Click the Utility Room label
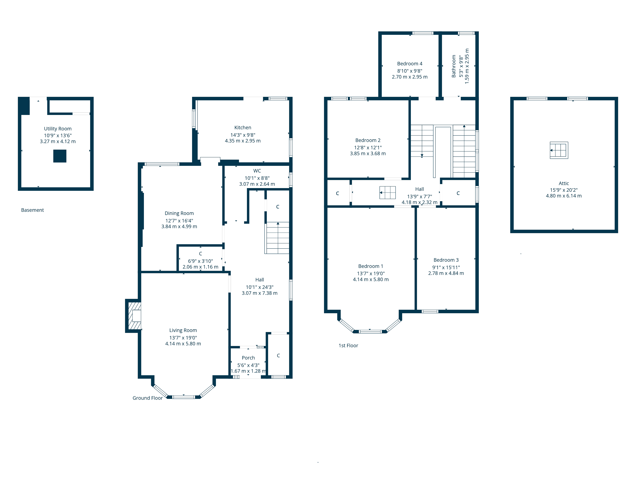click(58, 128)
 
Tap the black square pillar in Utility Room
click(60, 156)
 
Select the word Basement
click(32, 210)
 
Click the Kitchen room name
click(243, 127)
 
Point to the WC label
click(257, 171)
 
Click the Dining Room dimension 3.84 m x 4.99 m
click(179, 227)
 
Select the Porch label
click(248, 358)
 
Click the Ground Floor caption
click(148, 398)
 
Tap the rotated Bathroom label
click(454, 66)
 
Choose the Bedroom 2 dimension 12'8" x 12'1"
click(368, 148)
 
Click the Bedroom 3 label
click(446, 260)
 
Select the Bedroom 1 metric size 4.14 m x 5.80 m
click(371, 280)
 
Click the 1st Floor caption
click(348, 346)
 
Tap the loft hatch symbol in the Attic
click(559, 150)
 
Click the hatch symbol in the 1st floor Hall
click(388, 193)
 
